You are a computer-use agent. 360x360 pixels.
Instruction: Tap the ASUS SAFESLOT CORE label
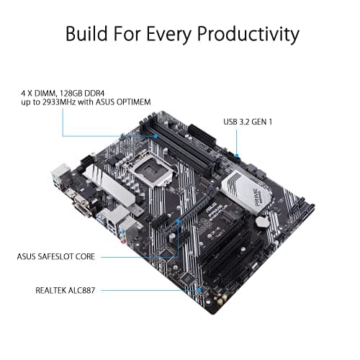pyautogui.click(x=58, y=256)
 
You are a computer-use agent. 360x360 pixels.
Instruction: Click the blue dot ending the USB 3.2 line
pyautogui.click(x=238, y=154)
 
